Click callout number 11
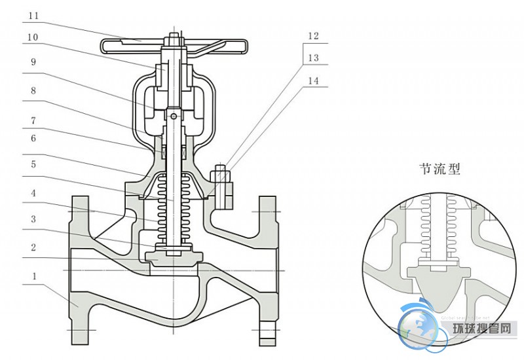(34, 14)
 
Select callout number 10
(33, 39)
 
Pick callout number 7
(34, 120)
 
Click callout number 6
(34, 138)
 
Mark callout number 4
(34, 194)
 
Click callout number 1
(34, 277)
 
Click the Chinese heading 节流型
(440, 170)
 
